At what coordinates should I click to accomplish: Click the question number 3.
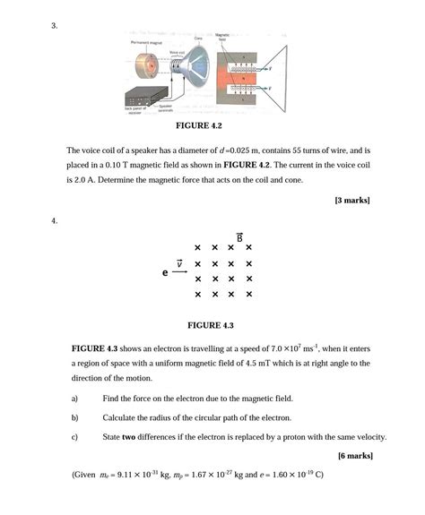coord(55,25)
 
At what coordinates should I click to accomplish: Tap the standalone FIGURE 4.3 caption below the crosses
coord(210,325)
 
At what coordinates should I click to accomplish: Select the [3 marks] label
coord(351,199)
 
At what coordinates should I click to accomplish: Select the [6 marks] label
coord(355,456)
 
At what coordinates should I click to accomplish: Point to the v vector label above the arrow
coord(179,262)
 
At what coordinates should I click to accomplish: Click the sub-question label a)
coord(74,398)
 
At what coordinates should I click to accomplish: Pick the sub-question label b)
coord(74,417)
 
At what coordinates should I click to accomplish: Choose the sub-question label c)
coord(74,437)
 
